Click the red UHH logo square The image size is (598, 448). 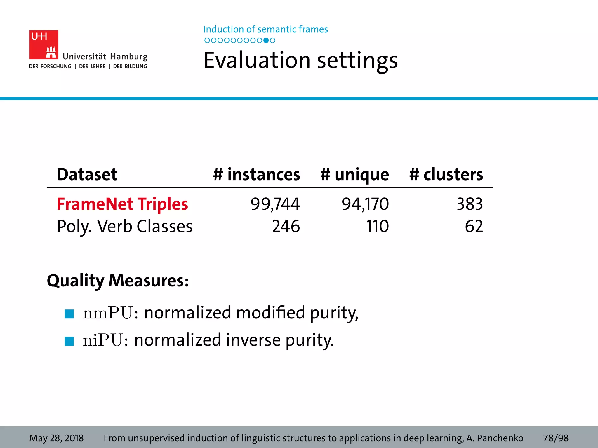click(x=44, y=45)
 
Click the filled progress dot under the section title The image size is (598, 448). click(x=266, y=41)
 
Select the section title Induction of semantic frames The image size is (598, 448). click(x=265, y=29)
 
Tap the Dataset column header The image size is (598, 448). click(x=87, y=174)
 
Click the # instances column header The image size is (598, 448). click(x=256, y=174)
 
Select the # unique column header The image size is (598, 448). click(x=354, y=175)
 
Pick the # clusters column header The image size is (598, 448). click(x=446, y=174)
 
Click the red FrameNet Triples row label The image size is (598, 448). click(x=122, y=204)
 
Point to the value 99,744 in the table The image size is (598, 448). click(x=275, y=204)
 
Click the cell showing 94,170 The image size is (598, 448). click(x=365, y=204)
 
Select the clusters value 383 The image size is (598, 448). click(x=470, y=204)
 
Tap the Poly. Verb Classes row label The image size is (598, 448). click(x=125, y=226)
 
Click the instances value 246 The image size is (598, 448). click(x=286, y=226)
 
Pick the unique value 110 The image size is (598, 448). click(x=377, y=226)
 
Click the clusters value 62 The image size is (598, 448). click(x=474, y=226)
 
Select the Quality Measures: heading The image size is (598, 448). click(x=118, y=281)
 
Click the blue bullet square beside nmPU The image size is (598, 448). click(x=69, y=314)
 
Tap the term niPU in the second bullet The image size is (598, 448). click(x=102, y=340)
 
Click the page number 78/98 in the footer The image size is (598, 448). click(x=555, y=438)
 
